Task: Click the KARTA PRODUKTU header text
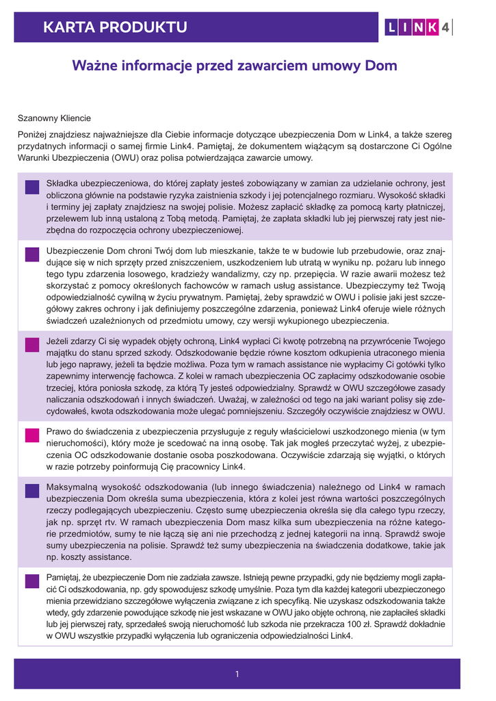tap(114, 27)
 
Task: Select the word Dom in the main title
tap(381, 66)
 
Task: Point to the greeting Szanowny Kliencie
tap(54, 118)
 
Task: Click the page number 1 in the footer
tap(237, 674)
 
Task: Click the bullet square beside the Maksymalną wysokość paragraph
tap(31, 490)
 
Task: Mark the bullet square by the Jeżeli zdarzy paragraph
tap(31, 345)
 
